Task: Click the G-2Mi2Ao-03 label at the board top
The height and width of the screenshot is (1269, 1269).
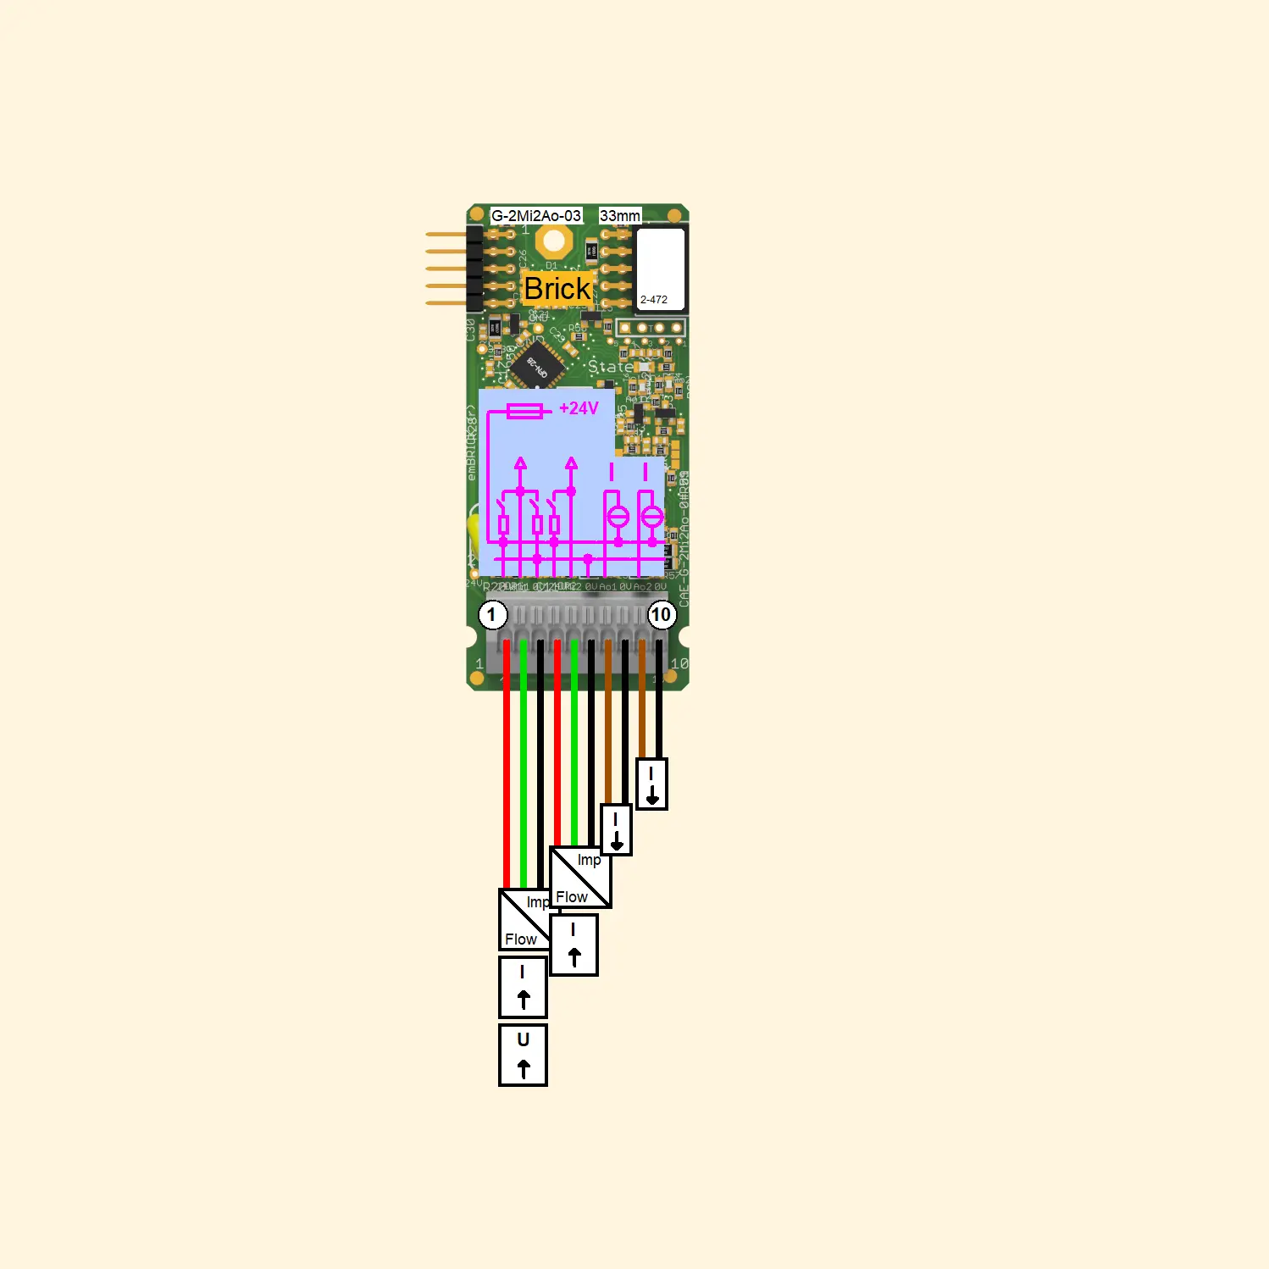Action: point(536,216)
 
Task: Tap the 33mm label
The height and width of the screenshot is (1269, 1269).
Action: point(620,216)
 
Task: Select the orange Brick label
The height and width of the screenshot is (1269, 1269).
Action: point(557,289)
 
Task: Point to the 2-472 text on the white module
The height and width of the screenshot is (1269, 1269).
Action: point(654,300)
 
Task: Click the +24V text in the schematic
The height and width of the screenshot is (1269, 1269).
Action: point(579,408)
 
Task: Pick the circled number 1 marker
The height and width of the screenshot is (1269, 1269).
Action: point(492,614)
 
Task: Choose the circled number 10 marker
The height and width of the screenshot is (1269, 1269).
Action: point(661,614)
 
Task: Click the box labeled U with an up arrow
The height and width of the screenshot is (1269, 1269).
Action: point(523,1055)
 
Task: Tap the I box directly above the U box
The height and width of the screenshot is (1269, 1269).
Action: point(523,987)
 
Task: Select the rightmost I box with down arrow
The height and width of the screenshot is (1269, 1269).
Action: point(651,784)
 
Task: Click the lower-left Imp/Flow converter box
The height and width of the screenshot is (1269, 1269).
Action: point(524,920)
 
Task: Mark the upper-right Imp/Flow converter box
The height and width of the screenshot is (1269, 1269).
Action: point(580,878)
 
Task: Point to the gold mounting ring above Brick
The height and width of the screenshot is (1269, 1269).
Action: point(553,242)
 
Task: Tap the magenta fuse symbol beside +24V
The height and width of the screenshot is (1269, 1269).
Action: point(524,412)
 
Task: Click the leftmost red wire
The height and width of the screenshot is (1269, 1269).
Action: point(507,762)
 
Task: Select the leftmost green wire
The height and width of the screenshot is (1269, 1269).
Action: point(524,762)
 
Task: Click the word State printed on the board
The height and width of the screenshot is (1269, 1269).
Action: point(610,367)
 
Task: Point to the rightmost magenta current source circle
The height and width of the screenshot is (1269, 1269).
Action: point(651,516)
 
